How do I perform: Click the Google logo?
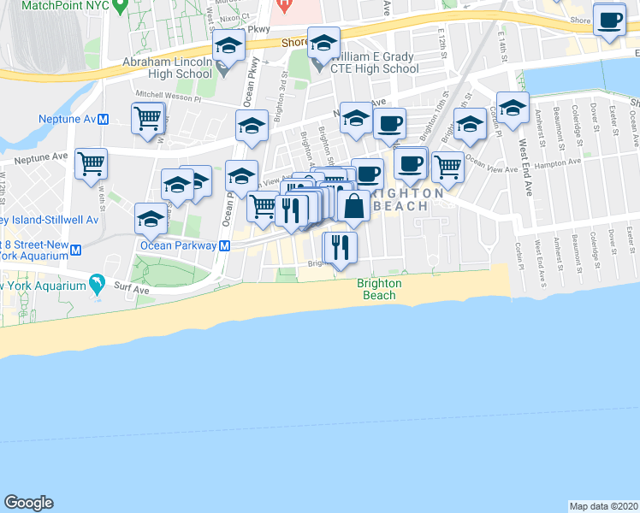tap(28, 503)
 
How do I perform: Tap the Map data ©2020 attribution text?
tap(603, 506)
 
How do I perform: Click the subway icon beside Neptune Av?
tap(103, 120)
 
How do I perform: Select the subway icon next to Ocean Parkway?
tap(224, 245)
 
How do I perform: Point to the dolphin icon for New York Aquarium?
tap(98, 283)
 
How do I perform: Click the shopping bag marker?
tap(353, 206)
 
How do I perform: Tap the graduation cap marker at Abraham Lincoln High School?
tap(228, 45)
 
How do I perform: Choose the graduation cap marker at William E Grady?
tap(323, 43)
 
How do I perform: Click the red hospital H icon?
tap(283, 5)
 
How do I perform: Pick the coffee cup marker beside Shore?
tap(610, 21)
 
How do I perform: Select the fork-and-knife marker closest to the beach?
tap(340, 247)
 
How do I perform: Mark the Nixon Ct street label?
tap(234, 16)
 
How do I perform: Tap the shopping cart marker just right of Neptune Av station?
tap(148, 119)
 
